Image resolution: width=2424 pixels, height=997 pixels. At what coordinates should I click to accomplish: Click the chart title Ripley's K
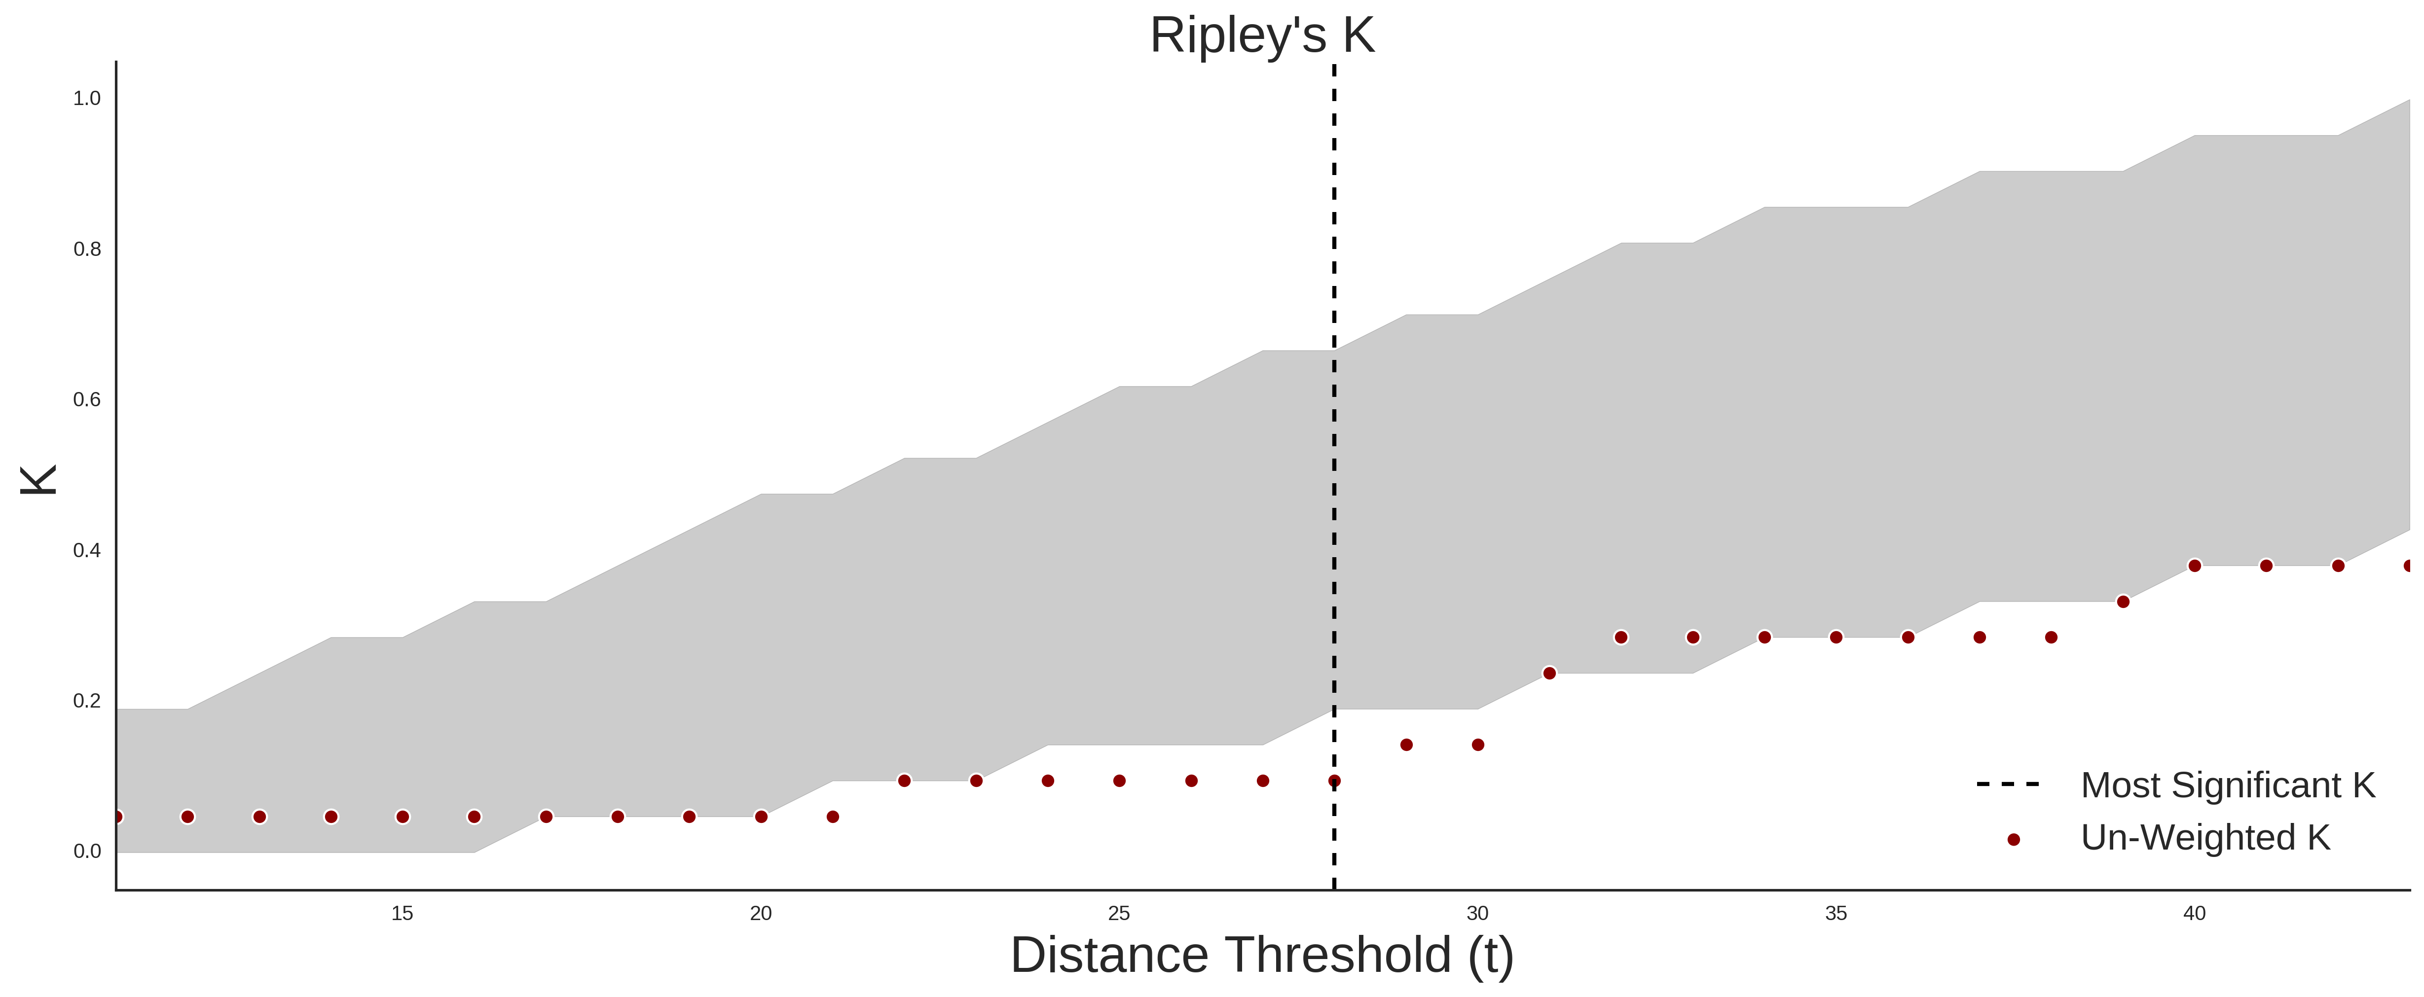point(1262,36)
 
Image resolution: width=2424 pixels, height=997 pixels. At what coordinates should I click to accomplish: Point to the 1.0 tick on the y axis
point(87,99)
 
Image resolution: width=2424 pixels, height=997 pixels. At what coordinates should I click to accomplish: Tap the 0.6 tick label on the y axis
point(87,400)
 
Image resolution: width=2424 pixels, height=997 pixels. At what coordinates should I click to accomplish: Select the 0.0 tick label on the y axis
point(87,851)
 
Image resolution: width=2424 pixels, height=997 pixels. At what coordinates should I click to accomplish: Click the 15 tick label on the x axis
point(403,913)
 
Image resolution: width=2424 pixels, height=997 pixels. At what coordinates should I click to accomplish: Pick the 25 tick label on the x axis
point(1119,913)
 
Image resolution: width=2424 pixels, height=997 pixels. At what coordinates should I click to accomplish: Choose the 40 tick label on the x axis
point(2195,913)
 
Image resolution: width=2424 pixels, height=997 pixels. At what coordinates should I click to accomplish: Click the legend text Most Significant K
point(2227,785)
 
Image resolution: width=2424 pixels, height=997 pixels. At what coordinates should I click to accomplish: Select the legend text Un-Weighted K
point(2205,837)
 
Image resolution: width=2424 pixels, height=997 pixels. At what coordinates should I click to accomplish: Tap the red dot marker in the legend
point(2013,840)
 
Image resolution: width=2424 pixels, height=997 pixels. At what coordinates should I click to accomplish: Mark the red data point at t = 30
point(1477,745)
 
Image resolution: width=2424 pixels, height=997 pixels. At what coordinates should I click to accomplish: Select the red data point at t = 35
point(1836,637)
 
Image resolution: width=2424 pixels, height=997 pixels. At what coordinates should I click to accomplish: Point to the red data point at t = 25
point(1119,781)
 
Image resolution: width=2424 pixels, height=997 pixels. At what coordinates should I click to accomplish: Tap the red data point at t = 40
point(2195,565)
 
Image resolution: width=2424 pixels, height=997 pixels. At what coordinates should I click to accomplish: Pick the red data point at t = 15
point(403,817)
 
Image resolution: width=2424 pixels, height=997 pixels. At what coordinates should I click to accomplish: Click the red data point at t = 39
point(2123,601)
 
